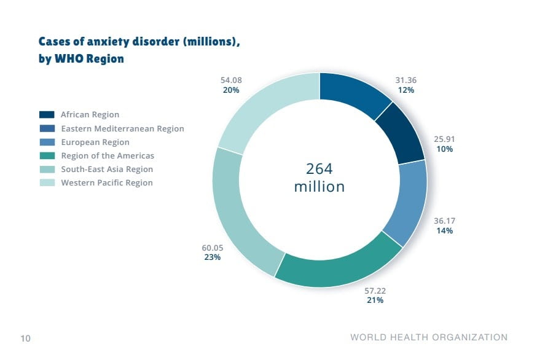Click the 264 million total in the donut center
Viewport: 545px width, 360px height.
(319, 178)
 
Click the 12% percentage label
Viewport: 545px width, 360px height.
(406, 90)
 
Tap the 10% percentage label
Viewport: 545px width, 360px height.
(445, 149)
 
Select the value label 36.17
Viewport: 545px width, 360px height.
(445, 221)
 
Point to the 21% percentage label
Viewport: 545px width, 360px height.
(375, 300)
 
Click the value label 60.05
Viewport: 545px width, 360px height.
(213, 248)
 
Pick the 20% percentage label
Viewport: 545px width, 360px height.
(231, 90)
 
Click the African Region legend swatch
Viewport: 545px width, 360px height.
(47, 115)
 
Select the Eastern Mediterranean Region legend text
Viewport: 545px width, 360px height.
(122, 128)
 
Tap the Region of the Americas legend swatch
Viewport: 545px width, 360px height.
(47, 156)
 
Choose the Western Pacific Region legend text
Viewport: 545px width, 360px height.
(107, 182)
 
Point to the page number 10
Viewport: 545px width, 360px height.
(26, 338)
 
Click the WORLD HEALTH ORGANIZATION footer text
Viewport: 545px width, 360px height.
(429, 337)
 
